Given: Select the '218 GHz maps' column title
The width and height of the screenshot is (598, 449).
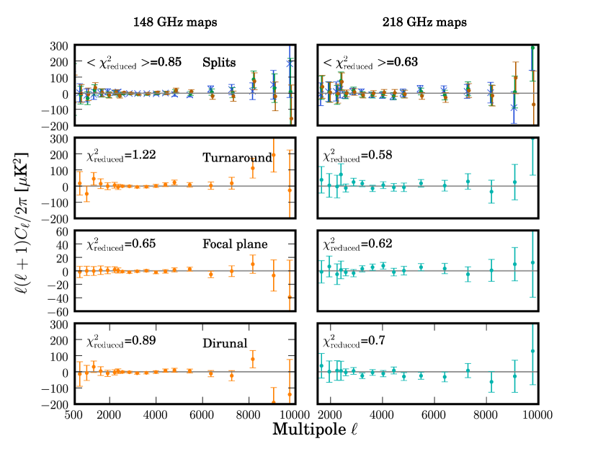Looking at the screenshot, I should [424, 22].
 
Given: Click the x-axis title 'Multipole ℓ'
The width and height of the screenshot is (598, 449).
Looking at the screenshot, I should [315, 430].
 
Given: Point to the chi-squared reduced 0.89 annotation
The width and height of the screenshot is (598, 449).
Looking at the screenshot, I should [120, 339].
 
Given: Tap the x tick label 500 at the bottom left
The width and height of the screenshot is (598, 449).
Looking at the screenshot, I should [73, 415].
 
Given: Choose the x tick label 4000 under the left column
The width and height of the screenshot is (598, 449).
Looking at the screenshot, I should [156, 415].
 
